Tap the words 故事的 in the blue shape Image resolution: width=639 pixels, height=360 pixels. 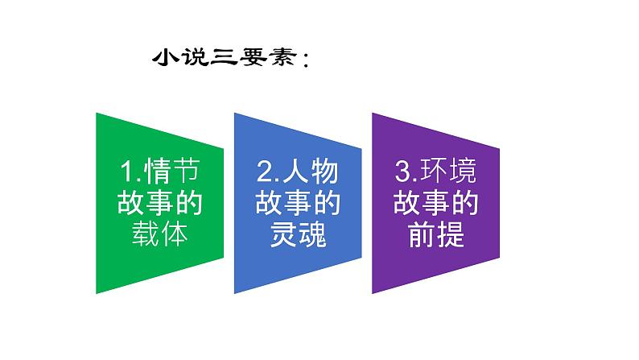(x=297, y=204)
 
